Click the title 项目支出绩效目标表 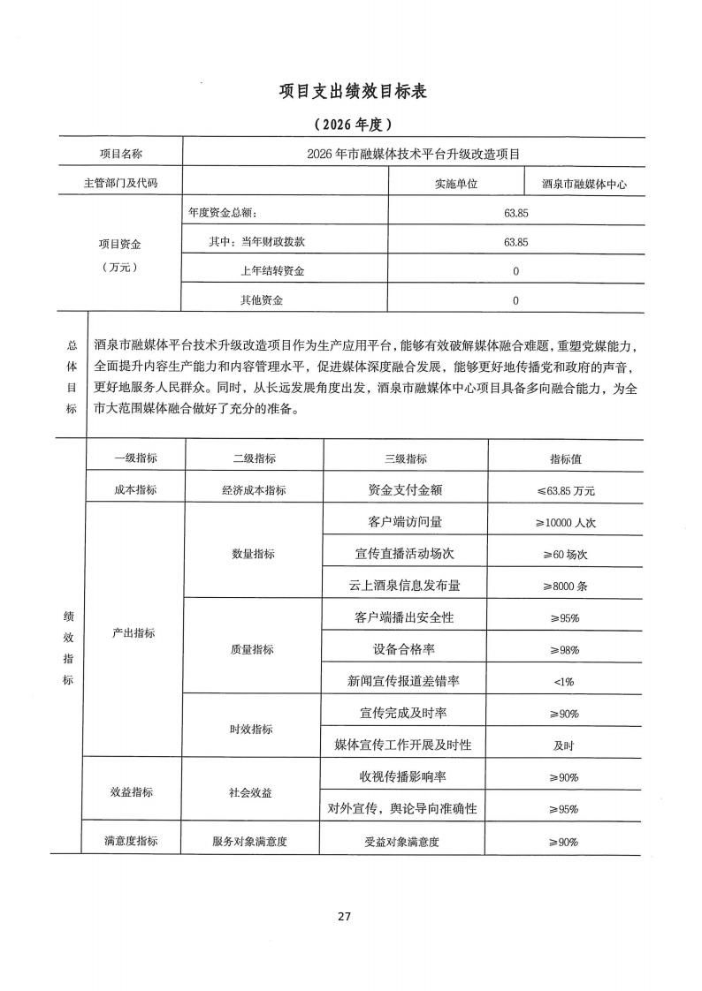click(x=352, y=92)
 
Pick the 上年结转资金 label click(x=272, y=271)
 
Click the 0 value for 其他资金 click(x=515, y=300)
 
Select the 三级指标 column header click(x=405, y=458)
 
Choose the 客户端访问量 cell click(x=405, y=521)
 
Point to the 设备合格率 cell click(x=405, y=649)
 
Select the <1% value click(x=564, y=681)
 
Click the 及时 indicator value click(x=564, y=745)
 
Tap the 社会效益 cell click(x=251, y=792)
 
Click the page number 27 click(x=345, y=916)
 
